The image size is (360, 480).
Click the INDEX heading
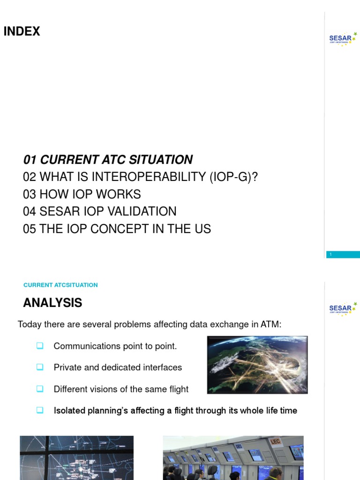(x=22, y=31)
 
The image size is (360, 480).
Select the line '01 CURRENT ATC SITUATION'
(x=108, y=160)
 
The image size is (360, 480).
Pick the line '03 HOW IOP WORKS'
(x=82, y=194)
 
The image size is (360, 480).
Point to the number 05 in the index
(x=29, y=229)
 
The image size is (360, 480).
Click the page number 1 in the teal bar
(x=331, y=255)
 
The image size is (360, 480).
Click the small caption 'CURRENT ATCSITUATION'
(x=60, y=285)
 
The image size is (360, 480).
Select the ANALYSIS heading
(x=52, y=303)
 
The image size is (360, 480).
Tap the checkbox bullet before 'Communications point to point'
(x=40, y=346)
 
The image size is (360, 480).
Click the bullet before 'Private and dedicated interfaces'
(x=40, y=367)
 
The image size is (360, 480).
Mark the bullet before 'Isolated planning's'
(x=40, y=410)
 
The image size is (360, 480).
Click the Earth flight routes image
(x=257, y=364)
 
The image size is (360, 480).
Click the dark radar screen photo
(x=76, y=458)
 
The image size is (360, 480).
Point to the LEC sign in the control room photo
(x=275, y=441)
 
